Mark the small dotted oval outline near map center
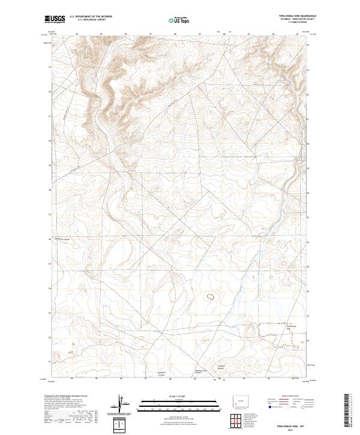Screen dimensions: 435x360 210,296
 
